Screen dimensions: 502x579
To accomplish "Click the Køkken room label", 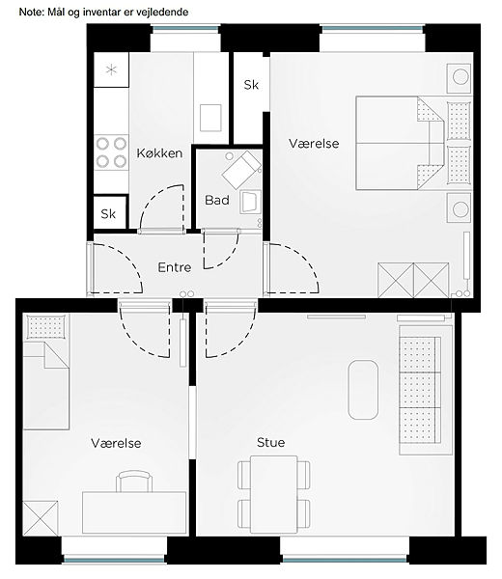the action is click(x=159, y=152).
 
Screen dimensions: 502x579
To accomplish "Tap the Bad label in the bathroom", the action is click(x=217, y=200).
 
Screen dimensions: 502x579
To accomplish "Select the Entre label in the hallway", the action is click(x=175, y=267).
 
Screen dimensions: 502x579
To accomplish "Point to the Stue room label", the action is click(x=270, y=442).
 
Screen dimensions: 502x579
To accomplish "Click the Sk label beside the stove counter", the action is click(x=108, y=213).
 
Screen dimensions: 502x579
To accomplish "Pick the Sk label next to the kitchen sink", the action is click(x=251, y=85).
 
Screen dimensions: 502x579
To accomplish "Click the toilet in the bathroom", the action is click(x=241, y=170).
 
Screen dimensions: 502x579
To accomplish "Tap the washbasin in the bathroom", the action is click(x=250, y=202).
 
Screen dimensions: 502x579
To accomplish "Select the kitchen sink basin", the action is click(x=210, y=118).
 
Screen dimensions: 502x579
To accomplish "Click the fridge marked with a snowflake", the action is click(x=111, y=69).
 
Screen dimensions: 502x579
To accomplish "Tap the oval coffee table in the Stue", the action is click(x=363, y=390).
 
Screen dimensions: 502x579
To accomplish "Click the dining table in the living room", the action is click(x=274, y=494).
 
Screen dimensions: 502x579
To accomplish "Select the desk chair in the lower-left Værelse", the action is click(x=134, y=481).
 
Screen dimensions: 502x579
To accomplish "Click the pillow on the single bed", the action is click(x=46, y=326).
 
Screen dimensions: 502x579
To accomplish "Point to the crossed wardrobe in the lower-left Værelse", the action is click(x=41, y=518).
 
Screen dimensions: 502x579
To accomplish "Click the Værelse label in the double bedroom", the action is click(x=314, y=143).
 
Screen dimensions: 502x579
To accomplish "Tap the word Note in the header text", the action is click(x=31, y=13).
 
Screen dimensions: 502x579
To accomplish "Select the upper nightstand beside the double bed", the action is click(x=459, y=79).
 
